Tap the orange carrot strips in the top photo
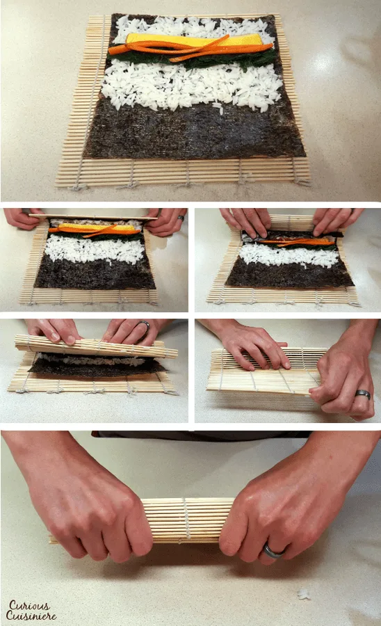click(x=190, y=48)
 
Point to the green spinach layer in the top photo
click(x=191, y=58)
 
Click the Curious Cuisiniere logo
click(x=31, y=611)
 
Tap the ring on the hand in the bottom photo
click(x=273, y=552)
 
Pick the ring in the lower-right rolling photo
click(x=363, y=394)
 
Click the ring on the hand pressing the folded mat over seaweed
click(x=144, y=326)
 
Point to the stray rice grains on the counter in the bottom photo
click(x=304, y=594)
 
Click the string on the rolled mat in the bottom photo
click(x=186, y=520)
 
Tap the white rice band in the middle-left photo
click(x=95, y=250)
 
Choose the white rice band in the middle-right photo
click(x=289, y=255)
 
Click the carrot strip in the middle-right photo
click(x=297, y=241)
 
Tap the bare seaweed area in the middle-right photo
click(x=290, y=276)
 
